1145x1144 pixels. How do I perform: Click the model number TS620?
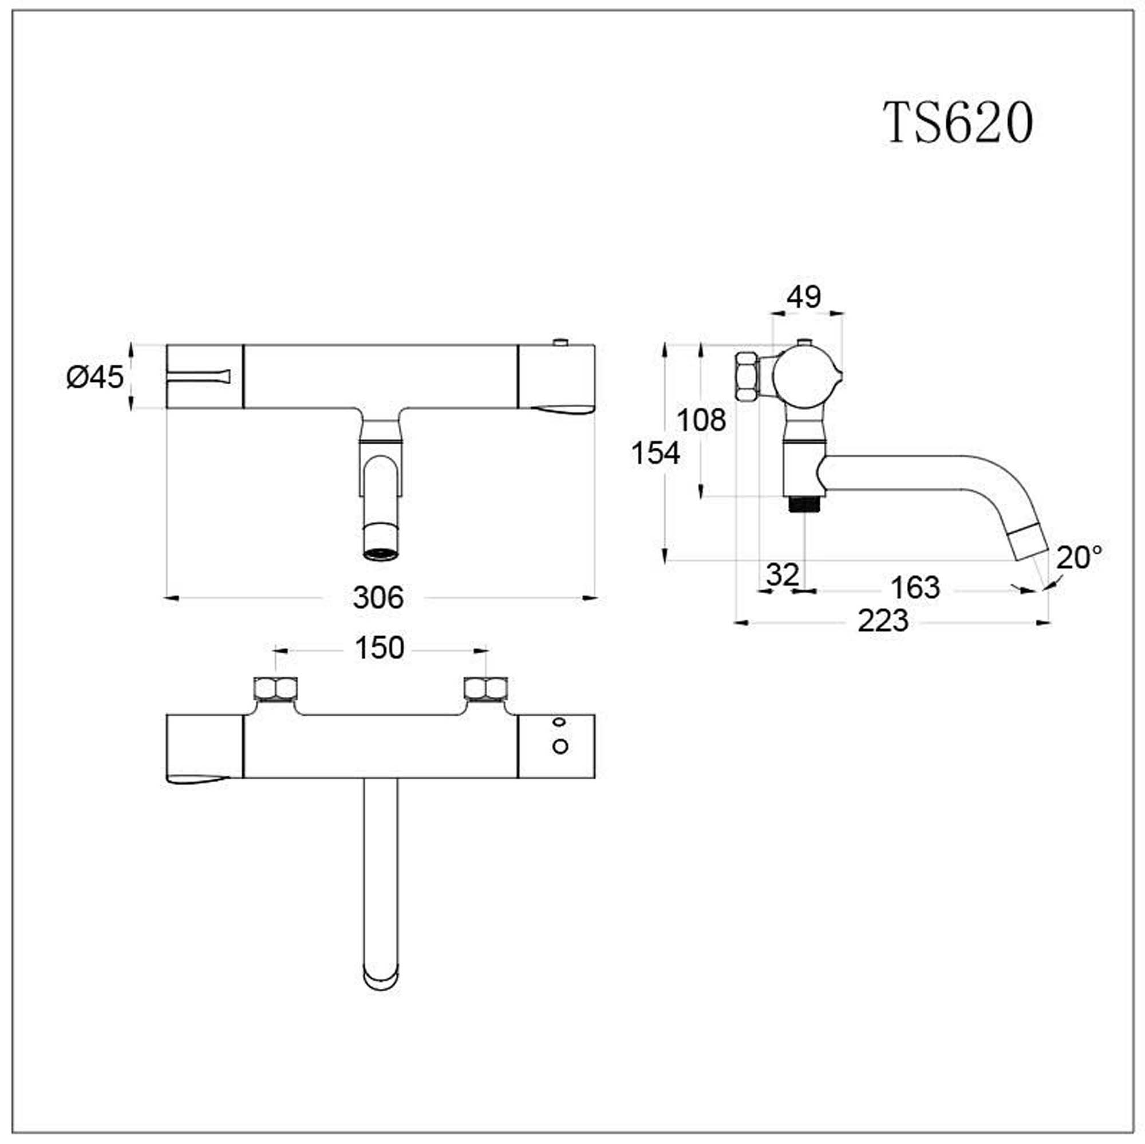958,123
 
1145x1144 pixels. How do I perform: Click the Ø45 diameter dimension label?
95,376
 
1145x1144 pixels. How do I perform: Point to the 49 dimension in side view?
804,297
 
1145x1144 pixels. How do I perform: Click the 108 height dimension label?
701,420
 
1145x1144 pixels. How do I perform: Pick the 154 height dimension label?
656,453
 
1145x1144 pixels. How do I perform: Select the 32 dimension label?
783,574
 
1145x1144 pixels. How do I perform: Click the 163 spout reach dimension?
915,587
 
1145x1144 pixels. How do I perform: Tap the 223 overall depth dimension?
883,621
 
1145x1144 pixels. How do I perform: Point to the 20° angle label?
1079,557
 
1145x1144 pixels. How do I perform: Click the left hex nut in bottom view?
275,689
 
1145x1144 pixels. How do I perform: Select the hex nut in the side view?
747,377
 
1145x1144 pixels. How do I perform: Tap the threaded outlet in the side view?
804,504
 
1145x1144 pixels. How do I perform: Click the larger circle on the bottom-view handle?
560,746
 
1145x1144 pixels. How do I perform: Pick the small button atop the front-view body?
559,341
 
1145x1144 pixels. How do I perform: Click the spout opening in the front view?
381,555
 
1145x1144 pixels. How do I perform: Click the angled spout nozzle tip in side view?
1029,542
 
